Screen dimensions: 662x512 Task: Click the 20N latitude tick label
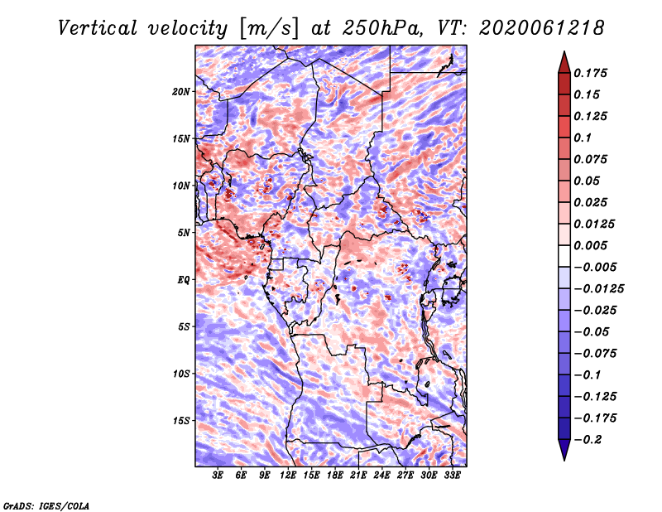tap(180, 92)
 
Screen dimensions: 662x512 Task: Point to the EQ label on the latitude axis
tap(183, 280)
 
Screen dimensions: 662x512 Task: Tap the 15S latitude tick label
tap(180, 421)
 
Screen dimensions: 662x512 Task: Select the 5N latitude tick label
tap(184, 233)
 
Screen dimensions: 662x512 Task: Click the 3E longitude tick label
tap(218, 476)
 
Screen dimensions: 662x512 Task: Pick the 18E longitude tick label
tap(335, 476)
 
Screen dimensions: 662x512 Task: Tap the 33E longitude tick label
tap(452, 476)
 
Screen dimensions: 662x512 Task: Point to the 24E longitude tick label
tap(381, 476)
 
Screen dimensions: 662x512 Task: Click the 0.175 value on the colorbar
tap(590, 73)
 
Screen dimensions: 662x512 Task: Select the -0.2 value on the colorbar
tap(588, 440)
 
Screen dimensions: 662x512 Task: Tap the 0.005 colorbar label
tap(590, 245)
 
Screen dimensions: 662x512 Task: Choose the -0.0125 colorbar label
tap(598, 289)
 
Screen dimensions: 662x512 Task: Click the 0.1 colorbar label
tap(583, 138)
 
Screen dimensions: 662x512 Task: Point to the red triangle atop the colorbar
tap(564, 62)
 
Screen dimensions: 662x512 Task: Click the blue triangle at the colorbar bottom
tap(564, 450)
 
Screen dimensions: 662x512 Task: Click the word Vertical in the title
tap(97, 28)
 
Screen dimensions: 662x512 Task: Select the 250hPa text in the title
tap(382, 28)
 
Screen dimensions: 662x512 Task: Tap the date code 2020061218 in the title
tap(542, 28)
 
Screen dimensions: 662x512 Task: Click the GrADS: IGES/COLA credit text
tap(46, 505)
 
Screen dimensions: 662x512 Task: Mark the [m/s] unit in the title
tap(269, 29)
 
